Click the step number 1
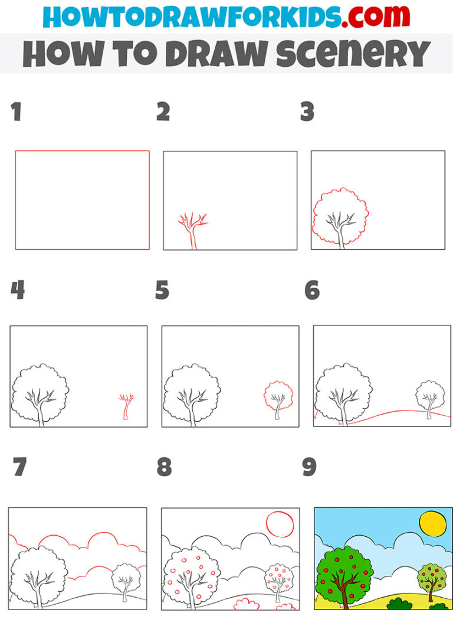(16, 112)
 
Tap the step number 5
(162, 291)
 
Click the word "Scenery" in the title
(357, 54)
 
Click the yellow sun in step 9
(434, 524)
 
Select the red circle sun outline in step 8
(279, 524)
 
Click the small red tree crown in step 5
(278, 395)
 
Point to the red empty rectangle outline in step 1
(82, 151)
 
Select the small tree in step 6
(430, 397)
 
